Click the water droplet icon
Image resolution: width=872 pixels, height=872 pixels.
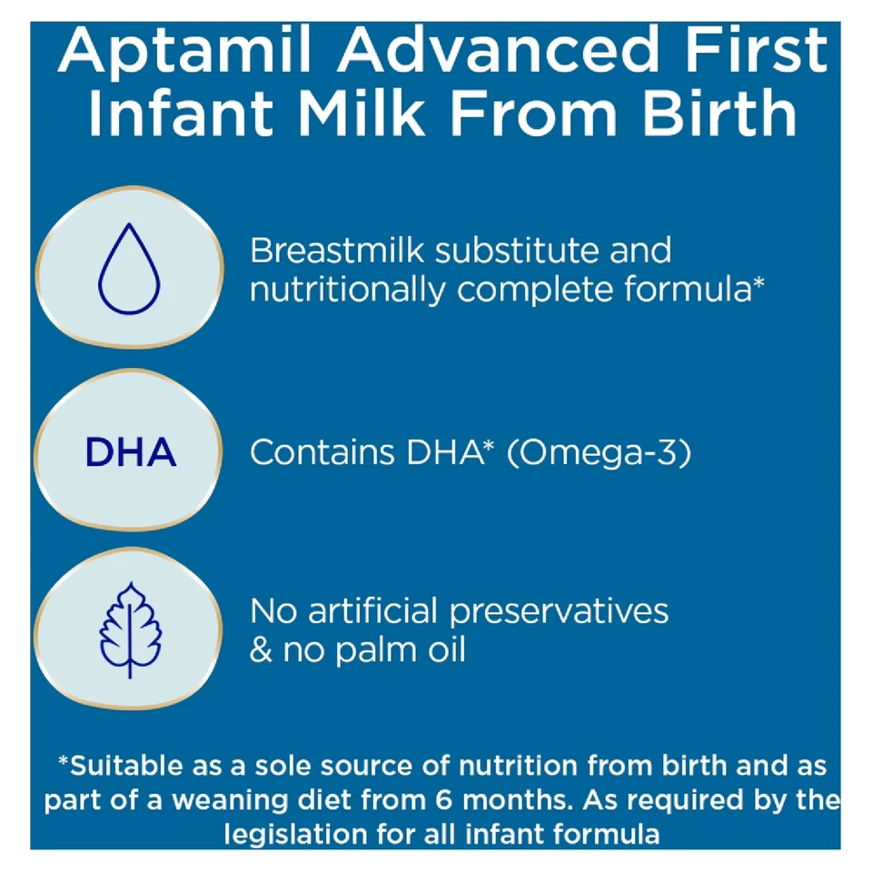pos(129,269)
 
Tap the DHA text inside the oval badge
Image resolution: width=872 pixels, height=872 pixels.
pos(131,451)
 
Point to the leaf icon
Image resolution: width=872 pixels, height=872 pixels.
pos(130,630)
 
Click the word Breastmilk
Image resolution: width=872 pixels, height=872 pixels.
pos(337,251)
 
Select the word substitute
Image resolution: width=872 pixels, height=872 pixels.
pos(517,251)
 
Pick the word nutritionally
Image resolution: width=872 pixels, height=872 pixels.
pos(348,290)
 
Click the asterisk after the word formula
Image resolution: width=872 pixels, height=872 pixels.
pos(758,282)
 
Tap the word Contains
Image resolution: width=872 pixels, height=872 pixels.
pos(322,451)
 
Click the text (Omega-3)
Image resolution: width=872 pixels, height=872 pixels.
pos(599,452)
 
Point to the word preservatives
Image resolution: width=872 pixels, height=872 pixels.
pos(559,612)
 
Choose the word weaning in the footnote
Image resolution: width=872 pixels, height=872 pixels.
pos(230,801)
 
